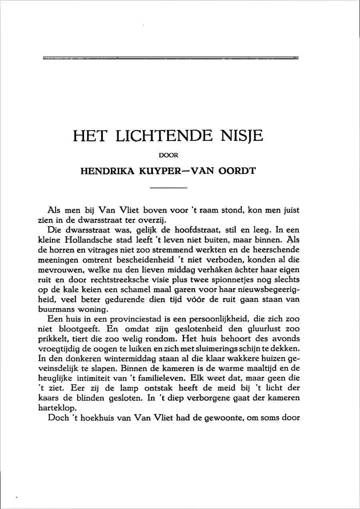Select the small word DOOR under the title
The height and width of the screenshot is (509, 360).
[168, 156]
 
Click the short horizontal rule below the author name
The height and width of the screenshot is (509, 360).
[168, 188]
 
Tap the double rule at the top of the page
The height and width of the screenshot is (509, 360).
[170, 58]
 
